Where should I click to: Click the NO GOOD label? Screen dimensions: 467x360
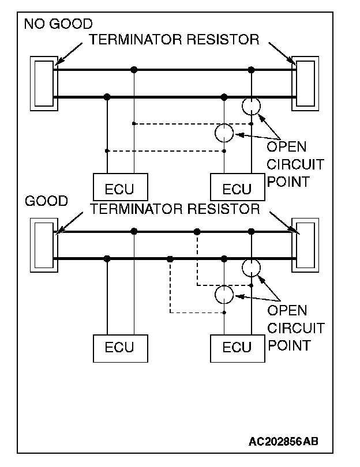(x=58, y=24)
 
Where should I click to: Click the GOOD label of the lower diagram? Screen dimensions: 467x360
(x=47, y=201)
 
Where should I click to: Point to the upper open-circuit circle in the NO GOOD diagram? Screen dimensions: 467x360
(x=251, y=107)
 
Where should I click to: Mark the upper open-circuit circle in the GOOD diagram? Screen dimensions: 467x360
(x=251, y=268)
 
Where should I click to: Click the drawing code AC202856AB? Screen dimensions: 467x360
(x=283, y=441)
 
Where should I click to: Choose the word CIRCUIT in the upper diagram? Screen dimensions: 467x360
(x=295, y=165)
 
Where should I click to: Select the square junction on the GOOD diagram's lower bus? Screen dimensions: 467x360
(x=170, y=259)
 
